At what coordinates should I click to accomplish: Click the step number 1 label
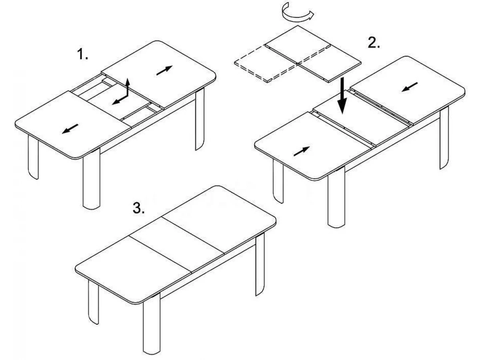coord(83,54)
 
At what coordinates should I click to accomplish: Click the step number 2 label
coord(374,42)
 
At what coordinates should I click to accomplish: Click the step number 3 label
coord(138,208)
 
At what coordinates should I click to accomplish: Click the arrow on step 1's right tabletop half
coord(164,70)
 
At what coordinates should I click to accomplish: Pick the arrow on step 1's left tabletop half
coord(70,129)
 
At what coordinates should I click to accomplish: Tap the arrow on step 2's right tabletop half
coord(410,87)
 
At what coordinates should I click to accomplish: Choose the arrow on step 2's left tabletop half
coord(302,151)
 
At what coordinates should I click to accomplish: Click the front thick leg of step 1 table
coord(92,179)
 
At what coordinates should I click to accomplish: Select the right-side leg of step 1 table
coord(200,119)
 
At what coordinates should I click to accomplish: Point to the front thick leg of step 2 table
coord(336,197)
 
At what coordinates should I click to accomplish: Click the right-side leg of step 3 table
coord(260,264)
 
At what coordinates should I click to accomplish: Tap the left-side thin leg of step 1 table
coord(33,157)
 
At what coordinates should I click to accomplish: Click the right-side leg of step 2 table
coord(444,138)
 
